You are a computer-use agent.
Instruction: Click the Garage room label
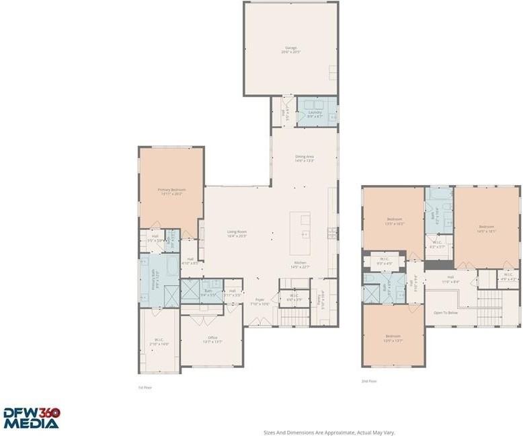290,49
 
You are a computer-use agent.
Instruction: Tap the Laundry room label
315,115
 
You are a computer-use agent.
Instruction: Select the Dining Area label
305,158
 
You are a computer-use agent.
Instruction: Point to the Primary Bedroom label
171,191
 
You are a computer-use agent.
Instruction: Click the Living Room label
237,234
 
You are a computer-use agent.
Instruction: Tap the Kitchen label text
300,264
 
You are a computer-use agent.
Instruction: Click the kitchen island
300,233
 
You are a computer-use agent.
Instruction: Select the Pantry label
321,294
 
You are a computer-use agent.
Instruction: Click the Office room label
212,340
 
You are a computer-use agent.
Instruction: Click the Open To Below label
446,313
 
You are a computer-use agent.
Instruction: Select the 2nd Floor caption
368,381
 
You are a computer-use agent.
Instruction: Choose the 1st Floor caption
145,388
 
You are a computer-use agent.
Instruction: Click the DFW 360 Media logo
31,419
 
